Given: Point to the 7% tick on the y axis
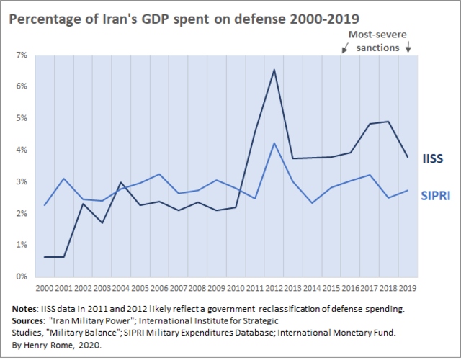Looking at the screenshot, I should point(22,55).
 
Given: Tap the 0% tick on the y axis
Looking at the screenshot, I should point(22,276).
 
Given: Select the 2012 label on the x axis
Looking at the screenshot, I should point(274,289).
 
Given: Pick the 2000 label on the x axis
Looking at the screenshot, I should point(45,289).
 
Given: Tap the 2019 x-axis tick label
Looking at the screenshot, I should point(408,289).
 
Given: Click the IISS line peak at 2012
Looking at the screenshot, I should point(274,69).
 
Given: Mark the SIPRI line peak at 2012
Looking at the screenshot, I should point(274,143).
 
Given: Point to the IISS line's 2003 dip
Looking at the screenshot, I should point(102,222).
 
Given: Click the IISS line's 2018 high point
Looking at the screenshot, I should point(389,122).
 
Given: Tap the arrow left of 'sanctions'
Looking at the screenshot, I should point(344,49).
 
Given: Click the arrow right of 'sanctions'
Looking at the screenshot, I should point(409,49).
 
